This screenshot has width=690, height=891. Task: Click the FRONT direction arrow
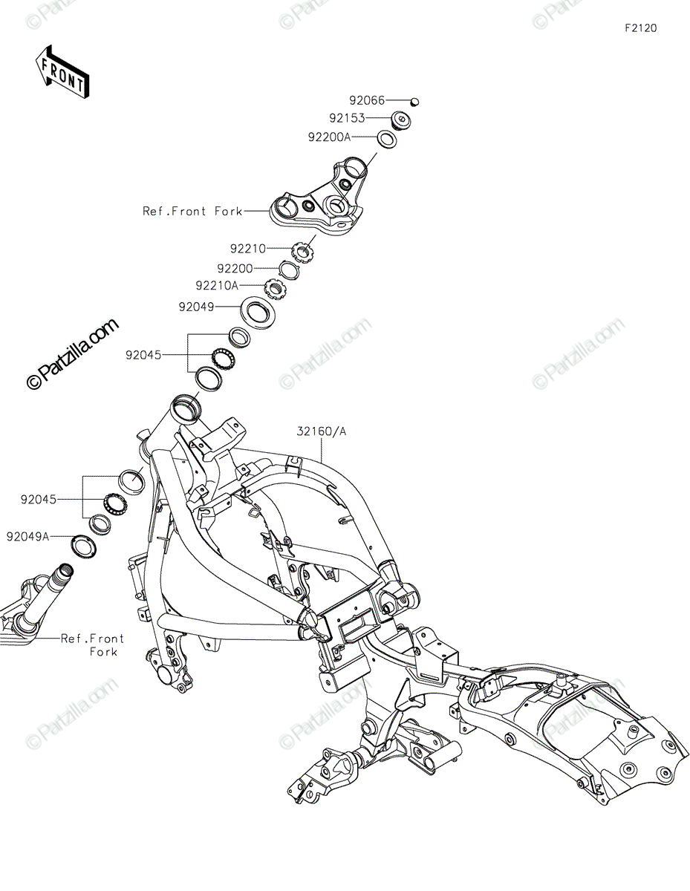click(62, 71)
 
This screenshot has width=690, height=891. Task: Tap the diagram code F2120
click(640, 28)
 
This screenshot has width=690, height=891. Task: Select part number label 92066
click(367, 100)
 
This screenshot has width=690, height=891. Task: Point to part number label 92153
click(347, 118)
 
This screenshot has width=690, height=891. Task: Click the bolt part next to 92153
click(401, 120)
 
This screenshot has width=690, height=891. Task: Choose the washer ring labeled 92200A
click(387, 140)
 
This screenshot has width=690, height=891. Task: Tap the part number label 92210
click(248, 249)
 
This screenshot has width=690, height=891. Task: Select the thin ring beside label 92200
click(289, 270)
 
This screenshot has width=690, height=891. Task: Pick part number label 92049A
click(27, 536)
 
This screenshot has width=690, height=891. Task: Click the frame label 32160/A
click(322, 431)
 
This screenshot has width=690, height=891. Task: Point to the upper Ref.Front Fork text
click(192, 211)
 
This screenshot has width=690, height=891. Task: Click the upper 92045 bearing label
click(143, 355)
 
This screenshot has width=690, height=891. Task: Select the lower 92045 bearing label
click(39, 500)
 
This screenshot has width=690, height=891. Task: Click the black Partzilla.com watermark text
click(72, 354)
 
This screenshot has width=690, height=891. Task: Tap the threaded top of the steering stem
click(66, 569)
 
